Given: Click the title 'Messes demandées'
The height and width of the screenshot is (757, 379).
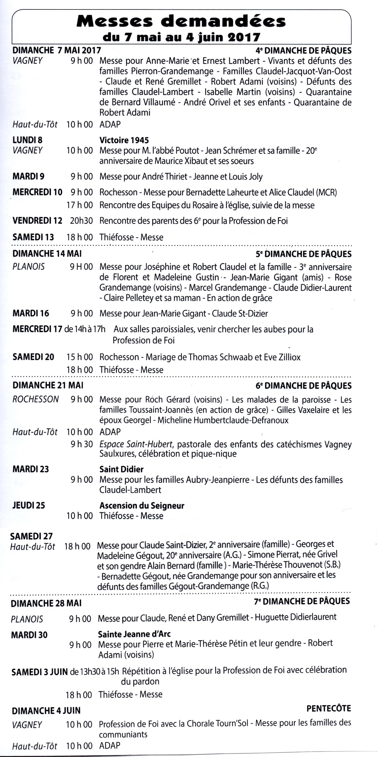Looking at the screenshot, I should click(x=181, y=21).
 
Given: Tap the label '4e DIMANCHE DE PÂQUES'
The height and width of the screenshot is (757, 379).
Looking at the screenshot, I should click(x=303, y=51).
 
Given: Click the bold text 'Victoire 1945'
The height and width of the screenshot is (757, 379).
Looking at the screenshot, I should click(x=124, y=140).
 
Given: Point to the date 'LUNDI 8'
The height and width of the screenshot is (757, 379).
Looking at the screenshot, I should click(x=27, y=140).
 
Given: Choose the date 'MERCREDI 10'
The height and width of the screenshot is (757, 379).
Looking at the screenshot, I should click(x=37, y=192).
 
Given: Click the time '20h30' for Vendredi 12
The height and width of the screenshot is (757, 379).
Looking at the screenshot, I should click(x=81, y=221).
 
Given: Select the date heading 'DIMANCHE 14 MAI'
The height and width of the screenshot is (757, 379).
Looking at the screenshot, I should click(x=47, y=253).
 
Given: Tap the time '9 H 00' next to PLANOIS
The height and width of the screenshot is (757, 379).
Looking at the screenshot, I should click(x=81, y=267).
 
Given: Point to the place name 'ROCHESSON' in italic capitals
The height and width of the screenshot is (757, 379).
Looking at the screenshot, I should click(x=36, y=399).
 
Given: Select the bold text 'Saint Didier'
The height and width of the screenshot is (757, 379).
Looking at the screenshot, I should click(x=121, y=469).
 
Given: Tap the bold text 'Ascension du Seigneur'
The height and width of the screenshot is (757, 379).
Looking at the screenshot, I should click(x=142, y=505).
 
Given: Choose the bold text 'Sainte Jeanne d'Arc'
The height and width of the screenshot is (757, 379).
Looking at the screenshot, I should click(x=134, y=634).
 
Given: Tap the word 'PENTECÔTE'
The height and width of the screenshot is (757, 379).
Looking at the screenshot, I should click(x=328, y=708).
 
